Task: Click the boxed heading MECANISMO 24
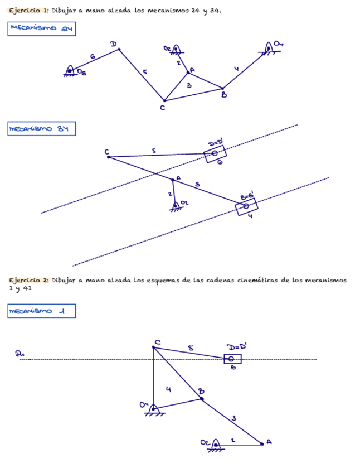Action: pyautogui.click(x=42, y=29)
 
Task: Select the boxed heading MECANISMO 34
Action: pyautogui.click(x=42, y=129)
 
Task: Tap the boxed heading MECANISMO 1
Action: pyautogui.click(x=42, y=311)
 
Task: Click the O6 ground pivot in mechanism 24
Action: pyautogui.click(x=70, y=70)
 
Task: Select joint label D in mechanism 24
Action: pyautogui.click(x=113, y=44)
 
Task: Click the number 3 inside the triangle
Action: pyautogui.click(x=189, y=85)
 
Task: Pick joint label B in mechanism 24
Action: pyautogui.click(x=224, y=96)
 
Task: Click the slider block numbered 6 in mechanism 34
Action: pyautogui.click(x=215, y=153)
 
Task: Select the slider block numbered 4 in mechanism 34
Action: pyautogui.click(x=246, y=206)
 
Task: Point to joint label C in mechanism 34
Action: pyautogui.click(x=106, y=152)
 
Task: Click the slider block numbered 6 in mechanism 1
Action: pyautogui.click(x=232, y=359)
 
